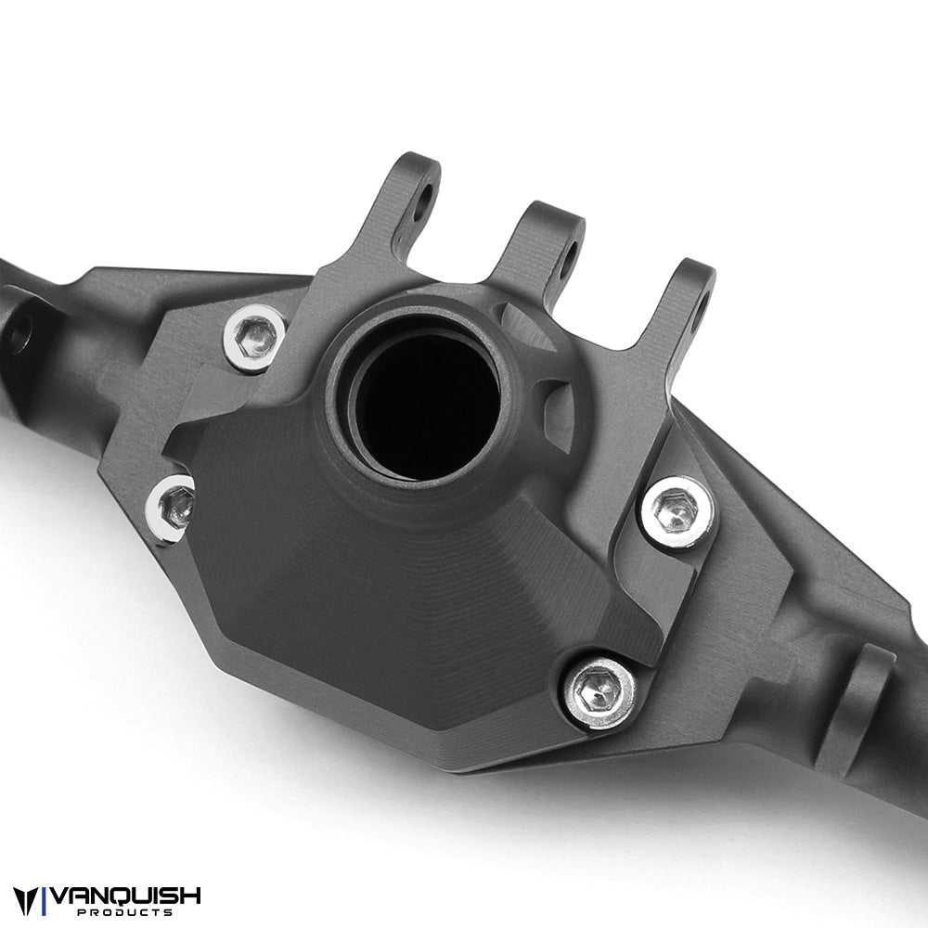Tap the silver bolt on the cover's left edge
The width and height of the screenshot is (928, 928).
[174, 508]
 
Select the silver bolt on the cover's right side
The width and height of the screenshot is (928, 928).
[677, 512]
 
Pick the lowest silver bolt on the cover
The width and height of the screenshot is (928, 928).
[599, 691]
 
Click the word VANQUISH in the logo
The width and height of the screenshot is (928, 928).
[125, 896]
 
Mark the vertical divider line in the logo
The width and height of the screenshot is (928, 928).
[45, 901]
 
